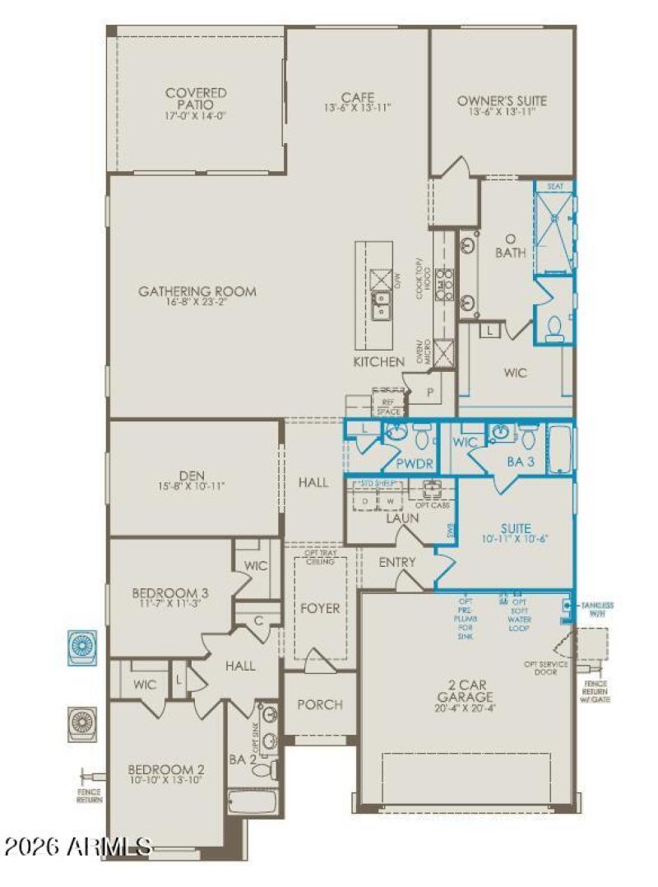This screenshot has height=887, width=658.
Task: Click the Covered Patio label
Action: (x=196, y=99)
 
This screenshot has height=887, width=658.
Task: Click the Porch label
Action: (x=320, y=704)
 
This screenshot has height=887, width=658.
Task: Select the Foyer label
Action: (x=320, y=609)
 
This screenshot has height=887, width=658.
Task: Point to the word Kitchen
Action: (x=379, y=362)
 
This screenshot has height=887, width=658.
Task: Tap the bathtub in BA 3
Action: (x=562, y=448)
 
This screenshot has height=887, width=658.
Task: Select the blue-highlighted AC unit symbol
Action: (x=82, y=647)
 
